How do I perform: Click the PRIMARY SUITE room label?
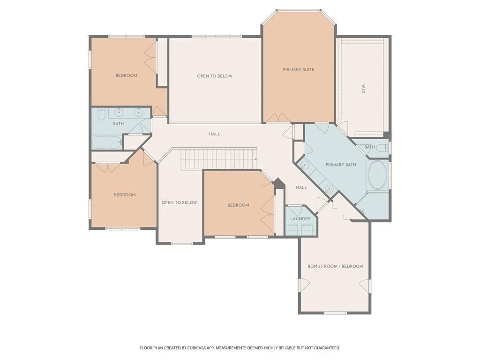coord(299,69)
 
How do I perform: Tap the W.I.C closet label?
coord(363,89)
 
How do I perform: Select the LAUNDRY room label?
coord(300,218)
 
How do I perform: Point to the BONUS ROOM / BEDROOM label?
coord(336,266)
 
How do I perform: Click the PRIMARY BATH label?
coord(341,165)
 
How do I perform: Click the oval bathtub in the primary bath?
coord(377,175)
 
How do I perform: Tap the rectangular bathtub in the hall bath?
coord(107,142)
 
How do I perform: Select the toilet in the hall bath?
coord(101,113)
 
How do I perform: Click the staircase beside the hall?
coord(219,158)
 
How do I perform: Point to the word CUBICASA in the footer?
coord(195,348)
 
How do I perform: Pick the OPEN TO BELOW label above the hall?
coord(215,76)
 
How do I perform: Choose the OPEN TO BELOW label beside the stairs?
coord(180,202)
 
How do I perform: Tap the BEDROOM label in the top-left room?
coord(126,75)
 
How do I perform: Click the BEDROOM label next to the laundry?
coord(238,205)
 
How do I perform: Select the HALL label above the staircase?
coord(214,134)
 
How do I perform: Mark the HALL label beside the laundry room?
coord(301,187)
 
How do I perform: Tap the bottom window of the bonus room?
coord(335,313)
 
